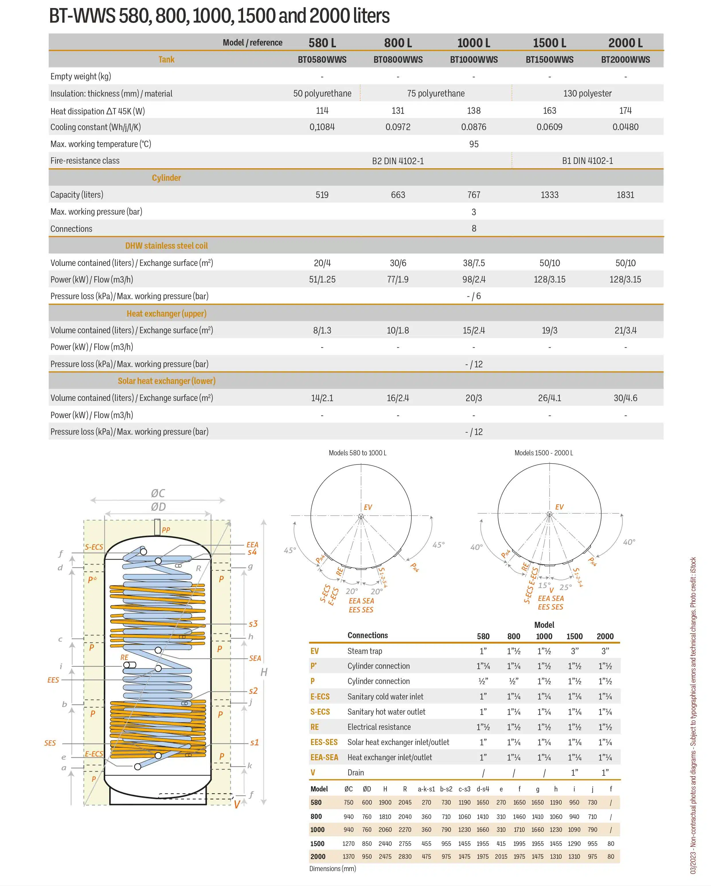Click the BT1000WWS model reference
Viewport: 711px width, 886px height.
tap(474, 60)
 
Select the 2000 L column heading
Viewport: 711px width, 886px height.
tap(625, 43)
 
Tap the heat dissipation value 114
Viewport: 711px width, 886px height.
tap(322, 111)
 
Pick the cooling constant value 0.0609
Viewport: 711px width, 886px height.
tap(549, 127)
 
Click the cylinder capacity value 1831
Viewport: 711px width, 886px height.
tap(625, 195)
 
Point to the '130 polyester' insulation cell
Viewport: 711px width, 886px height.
tap(587, 93)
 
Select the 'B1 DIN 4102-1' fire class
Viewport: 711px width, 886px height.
tap(587, 161)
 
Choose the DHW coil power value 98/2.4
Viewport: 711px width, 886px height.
tap(474, 279)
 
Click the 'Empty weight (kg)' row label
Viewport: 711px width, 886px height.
tap(81, 77)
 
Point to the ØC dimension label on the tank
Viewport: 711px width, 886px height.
tap(158, 493)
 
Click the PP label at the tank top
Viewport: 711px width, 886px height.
tap(166, 530)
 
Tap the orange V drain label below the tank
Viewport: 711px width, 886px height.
tap(237, 805)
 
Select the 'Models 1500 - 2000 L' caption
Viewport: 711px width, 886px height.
tap(544, 453)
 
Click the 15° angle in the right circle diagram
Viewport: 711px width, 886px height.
tap(544, 585)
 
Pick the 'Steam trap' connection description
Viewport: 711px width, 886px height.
tap(364, 651)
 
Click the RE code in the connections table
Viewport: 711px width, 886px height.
tap(315, 727)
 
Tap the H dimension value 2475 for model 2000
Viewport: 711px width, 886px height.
tap(385, 856)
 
